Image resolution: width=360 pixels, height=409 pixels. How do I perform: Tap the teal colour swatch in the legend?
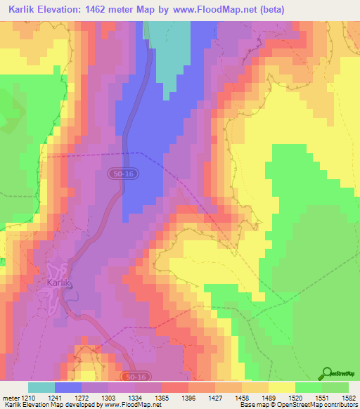(41, 387)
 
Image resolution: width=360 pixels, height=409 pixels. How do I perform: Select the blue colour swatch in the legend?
(67, 387)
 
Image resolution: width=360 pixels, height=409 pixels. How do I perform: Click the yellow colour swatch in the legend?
(281, 387)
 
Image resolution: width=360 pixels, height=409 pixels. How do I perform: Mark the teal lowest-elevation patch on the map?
(172, 49)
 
